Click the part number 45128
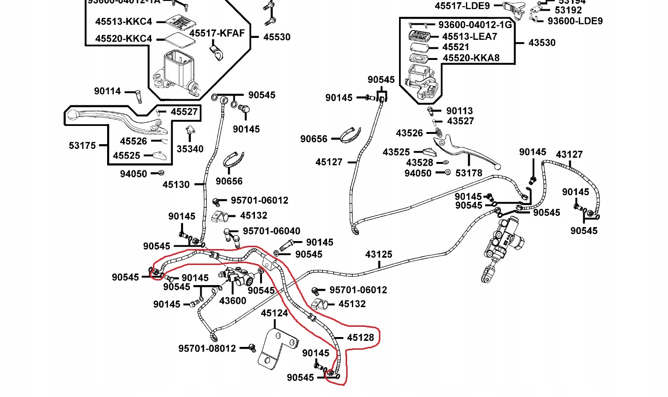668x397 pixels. click(x=360, y=338)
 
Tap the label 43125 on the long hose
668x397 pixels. click(x=378, y=255)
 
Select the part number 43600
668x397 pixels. click(x=232, y=301)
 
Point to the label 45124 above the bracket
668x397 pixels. click(x=274, y=313)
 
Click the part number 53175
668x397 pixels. click(x=82, y=146)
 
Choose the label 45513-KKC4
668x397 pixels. click(x=123, y=22)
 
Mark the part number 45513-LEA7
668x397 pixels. click(x=470, y=37)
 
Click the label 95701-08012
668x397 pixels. click(x=207, y=349)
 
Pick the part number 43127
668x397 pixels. click(x=569, y=154)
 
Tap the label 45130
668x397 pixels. click(x=176, y=184)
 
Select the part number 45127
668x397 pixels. click(x=329, y=162)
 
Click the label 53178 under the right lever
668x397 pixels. click(x=469, y=173)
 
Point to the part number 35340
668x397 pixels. click(x=190, y=149)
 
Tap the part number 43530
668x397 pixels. click(x=542, y=43)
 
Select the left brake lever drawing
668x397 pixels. click(x=117, y=120)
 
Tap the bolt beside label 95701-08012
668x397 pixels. click(x=252, y=348)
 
